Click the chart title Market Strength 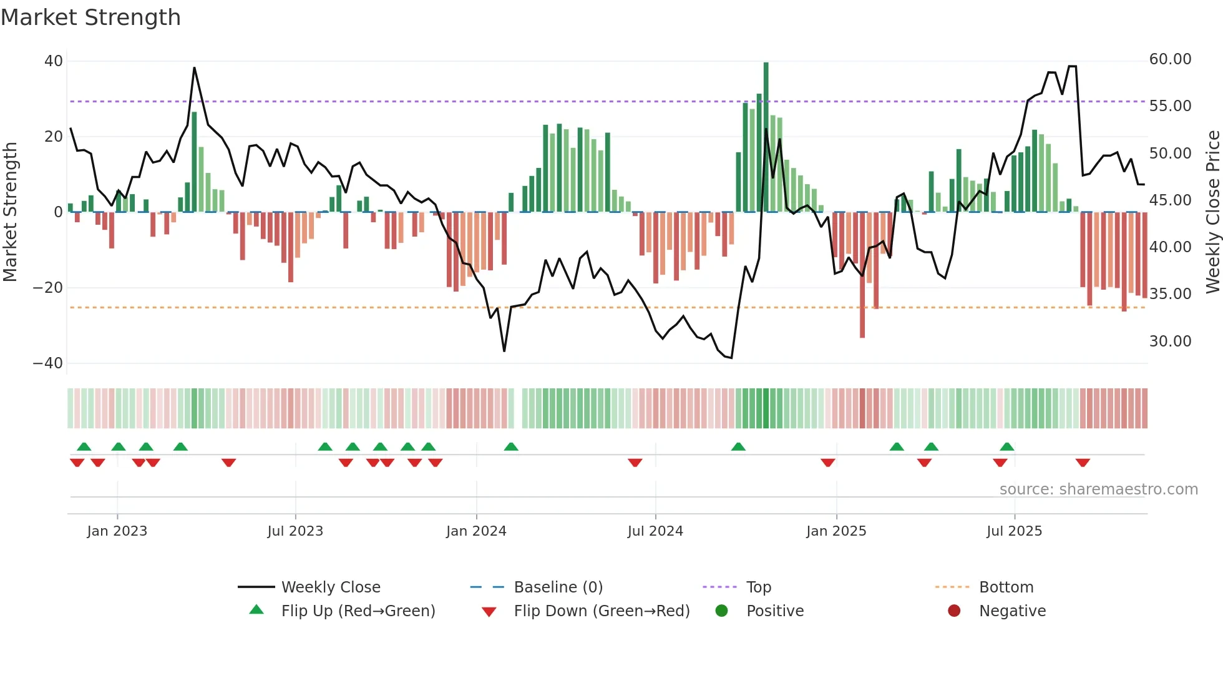(90, 17)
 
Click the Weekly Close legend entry (330, 587)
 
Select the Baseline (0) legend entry (558, 587)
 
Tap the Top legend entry (758, 587)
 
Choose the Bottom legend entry (1006, 587)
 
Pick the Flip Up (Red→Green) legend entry (358, 611)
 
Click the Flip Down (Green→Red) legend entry (602, 611)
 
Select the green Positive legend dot (722, 611)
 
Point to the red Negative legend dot (954, 611)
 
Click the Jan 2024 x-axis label (476, 531)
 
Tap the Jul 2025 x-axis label (1014, 531)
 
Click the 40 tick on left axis (54, 61)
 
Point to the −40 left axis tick (48, 363)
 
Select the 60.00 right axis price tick (1170, 59)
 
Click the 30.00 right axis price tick (1170, 342)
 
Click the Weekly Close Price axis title (1212, 212)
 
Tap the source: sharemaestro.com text (1098, 489)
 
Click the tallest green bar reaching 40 (766, 137)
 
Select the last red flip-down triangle (1083, 463)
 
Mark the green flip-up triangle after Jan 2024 (511, 446)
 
